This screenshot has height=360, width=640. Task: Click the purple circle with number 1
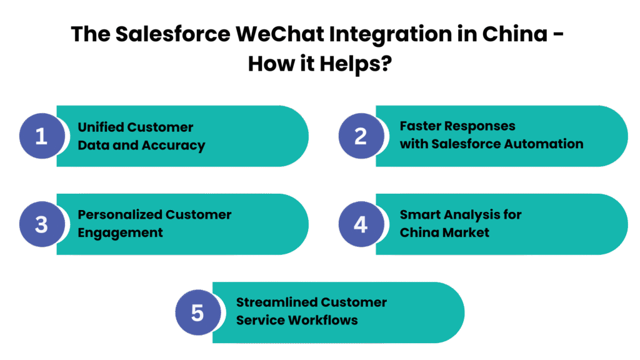(x=41, y=136)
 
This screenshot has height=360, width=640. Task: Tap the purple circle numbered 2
(x=361, y=136)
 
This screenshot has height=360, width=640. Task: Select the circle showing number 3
(x=41, y=224)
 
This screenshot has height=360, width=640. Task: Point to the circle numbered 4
(x=361, y=224)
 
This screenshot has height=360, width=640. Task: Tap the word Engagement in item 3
(x=120, y=233)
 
